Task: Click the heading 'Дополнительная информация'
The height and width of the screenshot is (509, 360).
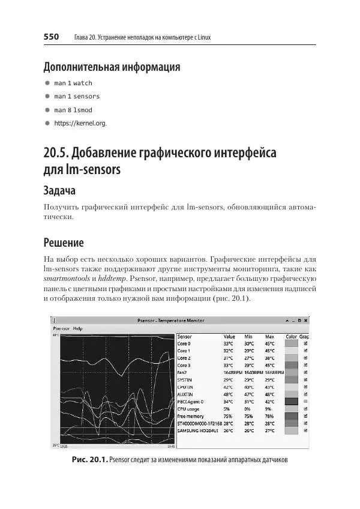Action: point(112,67)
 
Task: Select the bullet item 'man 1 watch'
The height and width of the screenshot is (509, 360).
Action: point(73,83)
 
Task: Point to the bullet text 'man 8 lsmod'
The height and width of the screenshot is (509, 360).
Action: point(73,110)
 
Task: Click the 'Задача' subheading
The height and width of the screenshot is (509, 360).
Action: point(60,190)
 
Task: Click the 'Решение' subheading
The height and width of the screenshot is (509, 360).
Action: point(63,243)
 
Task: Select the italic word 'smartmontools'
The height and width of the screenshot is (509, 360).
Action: point(65,280)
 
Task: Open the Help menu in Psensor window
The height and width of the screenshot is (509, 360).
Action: point(77,328)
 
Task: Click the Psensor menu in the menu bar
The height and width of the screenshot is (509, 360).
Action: point(61,328)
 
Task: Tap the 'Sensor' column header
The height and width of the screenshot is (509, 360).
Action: point(185,337)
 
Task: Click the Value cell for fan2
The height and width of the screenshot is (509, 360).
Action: point(232,373)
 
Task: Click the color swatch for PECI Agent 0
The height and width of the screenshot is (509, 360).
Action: point(291,402)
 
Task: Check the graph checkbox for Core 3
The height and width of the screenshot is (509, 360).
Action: point(305,365)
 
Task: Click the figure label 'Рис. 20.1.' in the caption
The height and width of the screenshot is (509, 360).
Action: point(89,460)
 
